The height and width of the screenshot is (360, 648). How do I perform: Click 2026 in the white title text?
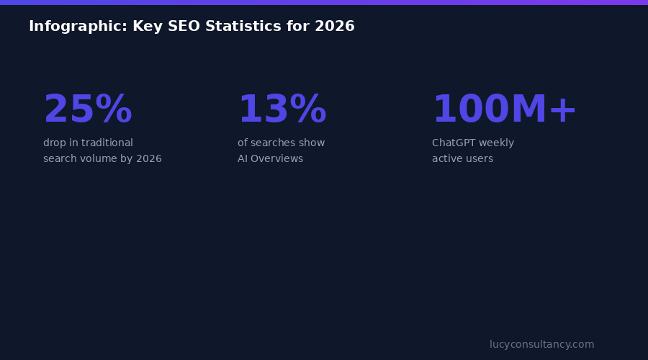click(x=334, y=27)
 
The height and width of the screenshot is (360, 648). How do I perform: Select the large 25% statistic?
click(x=88, y=110)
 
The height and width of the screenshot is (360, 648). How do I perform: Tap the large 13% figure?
click(x=282, y=110)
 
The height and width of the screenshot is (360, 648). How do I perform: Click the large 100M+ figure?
click(x=504, y=110)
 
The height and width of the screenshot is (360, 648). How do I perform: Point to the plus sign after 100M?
click(x=563, y=110)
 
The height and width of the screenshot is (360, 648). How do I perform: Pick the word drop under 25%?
click(x=55, y=143)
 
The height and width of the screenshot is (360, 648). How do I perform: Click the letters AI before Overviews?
click(x=243, y=159)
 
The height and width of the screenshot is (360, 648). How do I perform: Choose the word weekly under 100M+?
click(x=498, y=143)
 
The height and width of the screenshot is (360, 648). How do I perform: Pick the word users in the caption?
click(x=478, y=159)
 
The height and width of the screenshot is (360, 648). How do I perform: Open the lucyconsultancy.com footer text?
click(x=541, y=345)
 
